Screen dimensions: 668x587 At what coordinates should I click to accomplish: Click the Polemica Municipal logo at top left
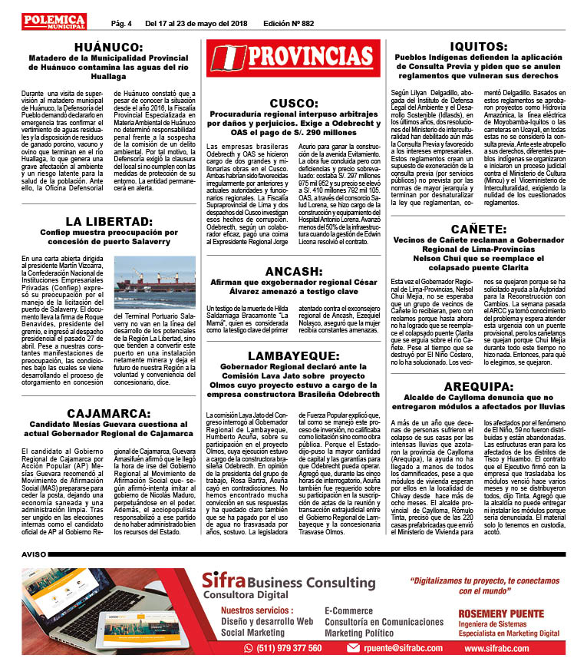(54, 21)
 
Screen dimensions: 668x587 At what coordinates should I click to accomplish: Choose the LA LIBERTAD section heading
(108, 223)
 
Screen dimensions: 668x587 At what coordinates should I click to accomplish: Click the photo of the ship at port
(155, 282)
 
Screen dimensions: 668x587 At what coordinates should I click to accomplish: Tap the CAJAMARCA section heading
(107, 413)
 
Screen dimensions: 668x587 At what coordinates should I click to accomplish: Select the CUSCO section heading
(295, 103)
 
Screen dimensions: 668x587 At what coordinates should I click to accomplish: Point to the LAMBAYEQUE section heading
(295, 355)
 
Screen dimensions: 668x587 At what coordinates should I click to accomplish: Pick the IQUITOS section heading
(485, 46)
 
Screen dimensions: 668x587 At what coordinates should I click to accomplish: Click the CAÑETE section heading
(485, 229)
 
